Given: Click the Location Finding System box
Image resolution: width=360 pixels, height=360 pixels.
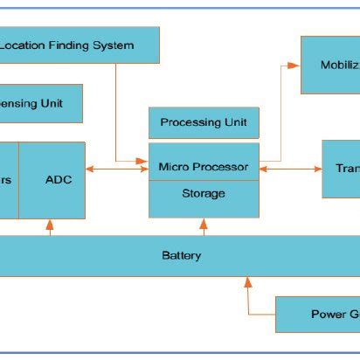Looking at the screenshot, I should pyautogui.click(x=80, y=45).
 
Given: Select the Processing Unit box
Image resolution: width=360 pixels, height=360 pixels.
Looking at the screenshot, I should pyautogui.click(x=204, y=123).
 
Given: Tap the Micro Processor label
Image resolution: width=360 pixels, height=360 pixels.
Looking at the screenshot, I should pyautogui.click(x=204, y=167).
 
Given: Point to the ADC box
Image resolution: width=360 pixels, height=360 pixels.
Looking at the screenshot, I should pyautogui.click(x=59, y=180).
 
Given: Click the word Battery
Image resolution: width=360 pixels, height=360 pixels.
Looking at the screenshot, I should pyautogui.click(x=182, y=256).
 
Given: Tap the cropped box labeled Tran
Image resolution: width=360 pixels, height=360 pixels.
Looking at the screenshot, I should pyautogui.click(x=341, y=168).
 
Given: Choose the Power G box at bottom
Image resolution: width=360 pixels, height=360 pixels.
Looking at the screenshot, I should pyautogui.click(x=318, y=315).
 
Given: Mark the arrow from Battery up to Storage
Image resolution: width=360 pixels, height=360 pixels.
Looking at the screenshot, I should pyautogui.click(x=204, y=227).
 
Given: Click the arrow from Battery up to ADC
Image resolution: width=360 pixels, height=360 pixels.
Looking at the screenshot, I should pyautogui.click(x=50, y=227).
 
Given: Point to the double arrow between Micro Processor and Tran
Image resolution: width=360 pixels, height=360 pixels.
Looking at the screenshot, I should pyautogui.click(x=290, y=169).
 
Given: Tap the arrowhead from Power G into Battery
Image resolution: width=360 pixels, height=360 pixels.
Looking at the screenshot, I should pyautogui.click(x=248, y=282).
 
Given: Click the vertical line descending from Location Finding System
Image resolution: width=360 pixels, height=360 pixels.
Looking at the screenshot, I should pyautogui.click(x=116, y=105).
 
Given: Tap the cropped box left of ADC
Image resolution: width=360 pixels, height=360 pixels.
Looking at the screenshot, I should pyautogui.click(x=9, y=180).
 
